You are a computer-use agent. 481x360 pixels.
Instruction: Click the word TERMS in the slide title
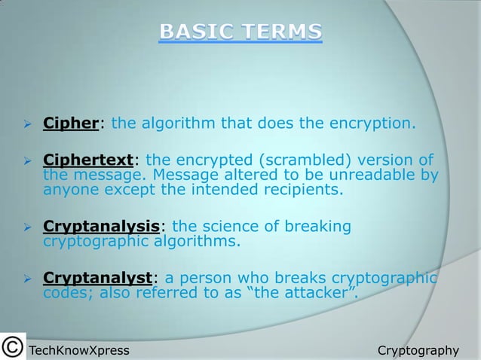click(x=281, y=32)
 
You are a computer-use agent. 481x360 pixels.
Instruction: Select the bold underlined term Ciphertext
click(x=88, y=160)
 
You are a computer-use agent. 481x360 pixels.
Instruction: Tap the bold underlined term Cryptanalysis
click(x=102, y=227)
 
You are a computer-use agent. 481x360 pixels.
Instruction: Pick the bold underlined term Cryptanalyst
click(x=98, y=278)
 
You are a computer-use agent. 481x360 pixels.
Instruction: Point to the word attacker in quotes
click(x=314, y=293)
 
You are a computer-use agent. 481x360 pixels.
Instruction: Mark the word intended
click(x=199, y=189)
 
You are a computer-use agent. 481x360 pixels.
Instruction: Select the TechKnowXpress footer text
click(x=78, y=350)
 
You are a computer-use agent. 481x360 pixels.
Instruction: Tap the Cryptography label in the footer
click(x=418, y=350)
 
